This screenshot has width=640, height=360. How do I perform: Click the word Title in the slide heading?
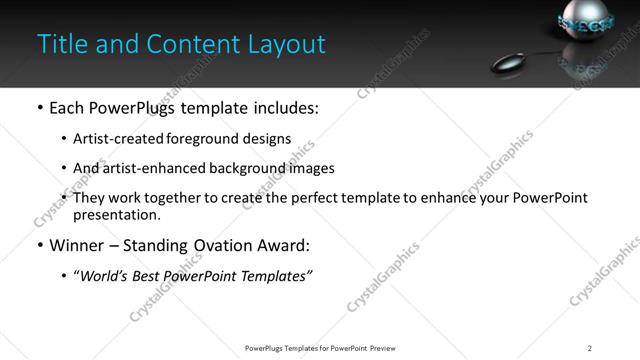click(60, 44)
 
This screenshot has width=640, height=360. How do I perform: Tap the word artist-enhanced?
click(149, 169)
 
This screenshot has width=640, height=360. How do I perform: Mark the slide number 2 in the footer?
click(589, 347)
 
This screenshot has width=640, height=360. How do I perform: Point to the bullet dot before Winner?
click(39, 246)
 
